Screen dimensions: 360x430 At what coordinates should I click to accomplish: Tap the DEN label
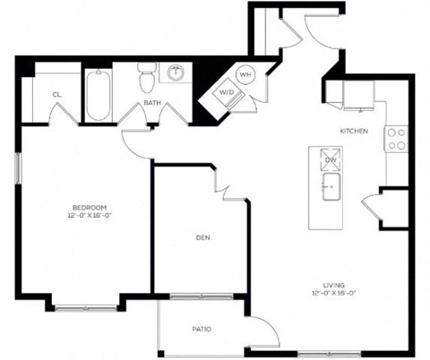pyautogui.click(x=202, y=237)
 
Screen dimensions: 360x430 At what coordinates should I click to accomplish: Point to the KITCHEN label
pyautogui.click(x=353, y=131)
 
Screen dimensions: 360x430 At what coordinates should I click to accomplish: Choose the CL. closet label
pyautogui.click(x=56, y=93)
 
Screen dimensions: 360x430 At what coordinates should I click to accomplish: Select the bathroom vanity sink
pyautogui.click(x=176, y=73)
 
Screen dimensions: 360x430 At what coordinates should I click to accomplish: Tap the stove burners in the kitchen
pyautogui.click(x=395, y=139)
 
